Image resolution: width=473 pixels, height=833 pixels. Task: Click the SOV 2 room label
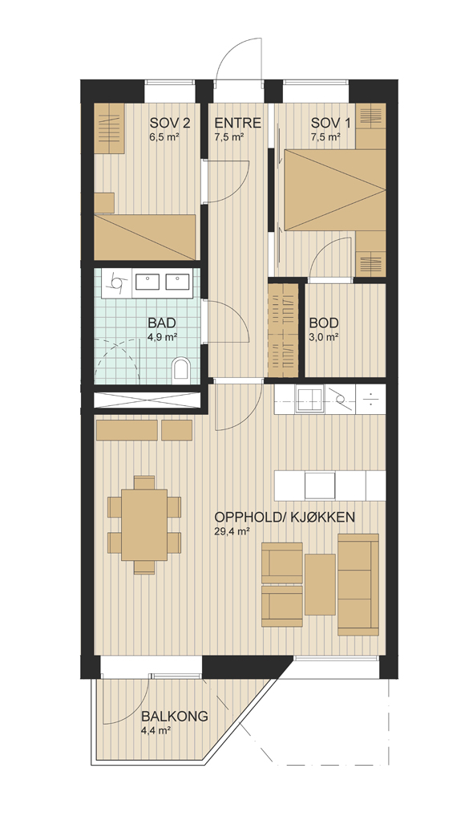[169, 124]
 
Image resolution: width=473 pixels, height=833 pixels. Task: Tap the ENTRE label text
[237, 124]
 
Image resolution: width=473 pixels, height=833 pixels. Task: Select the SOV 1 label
[331, 124]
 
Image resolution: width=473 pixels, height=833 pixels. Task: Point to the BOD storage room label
[324, 323]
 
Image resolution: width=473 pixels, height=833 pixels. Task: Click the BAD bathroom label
[162, 323]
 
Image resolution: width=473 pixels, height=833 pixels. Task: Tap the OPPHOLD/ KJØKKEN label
[285, 518]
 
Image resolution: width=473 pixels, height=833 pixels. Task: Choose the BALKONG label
[174, 717]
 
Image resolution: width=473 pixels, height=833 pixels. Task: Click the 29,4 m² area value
[232, 531]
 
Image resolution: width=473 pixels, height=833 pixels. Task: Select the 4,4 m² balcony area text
[156, 730]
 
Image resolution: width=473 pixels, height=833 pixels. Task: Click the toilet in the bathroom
[181, 369]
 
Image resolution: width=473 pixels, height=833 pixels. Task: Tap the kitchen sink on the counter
[309, 399]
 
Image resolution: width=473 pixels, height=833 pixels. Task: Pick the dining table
[144, 524]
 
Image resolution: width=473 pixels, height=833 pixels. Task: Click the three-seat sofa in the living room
[358, 584]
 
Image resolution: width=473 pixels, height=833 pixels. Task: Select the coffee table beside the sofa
[320, 584]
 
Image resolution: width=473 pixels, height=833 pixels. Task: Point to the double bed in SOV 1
[335, 189]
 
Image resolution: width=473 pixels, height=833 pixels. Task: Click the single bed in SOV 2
[145, 238]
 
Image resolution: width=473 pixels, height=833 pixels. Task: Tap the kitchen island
[329, 486]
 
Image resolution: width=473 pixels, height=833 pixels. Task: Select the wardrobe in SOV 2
[109, 128]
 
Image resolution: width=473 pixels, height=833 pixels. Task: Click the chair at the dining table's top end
[144, 482]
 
